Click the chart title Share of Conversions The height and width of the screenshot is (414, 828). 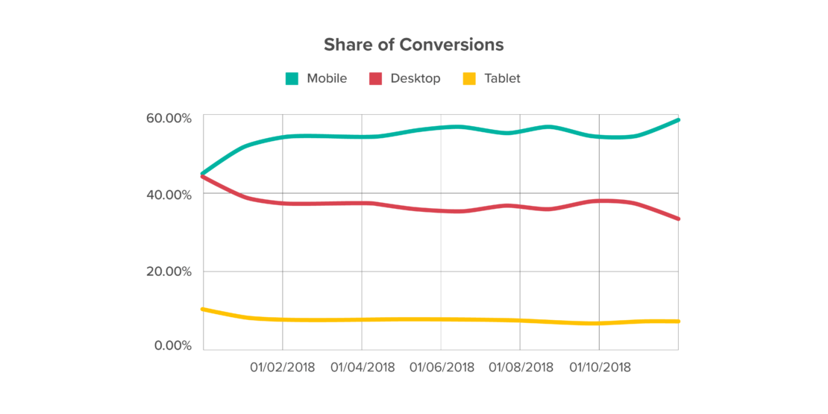coord(413,45)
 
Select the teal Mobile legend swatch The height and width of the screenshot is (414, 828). coord(292,78)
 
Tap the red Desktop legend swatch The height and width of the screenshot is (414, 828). coord(375,78)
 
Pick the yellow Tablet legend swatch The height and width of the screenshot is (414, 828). coord(469,78)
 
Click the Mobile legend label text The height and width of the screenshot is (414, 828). coord(327,78)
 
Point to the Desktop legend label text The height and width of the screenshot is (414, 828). coord(415,78)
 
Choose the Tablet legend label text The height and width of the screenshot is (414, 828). coord(503,78)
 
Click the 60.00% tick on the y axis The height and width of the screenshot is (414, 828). coord(168,118)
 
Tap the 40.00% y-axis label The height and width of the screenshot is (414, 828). coord(168,195)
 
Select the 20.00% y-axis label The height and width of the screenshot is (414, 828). coord(168,272)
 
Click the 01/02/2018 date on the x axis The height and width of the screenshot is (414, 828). coord(283,367)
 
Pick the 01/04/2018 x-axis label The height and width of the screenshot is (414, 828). coord(362,367)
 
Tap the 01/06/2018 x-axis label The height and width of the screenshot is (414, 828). coord(442,367)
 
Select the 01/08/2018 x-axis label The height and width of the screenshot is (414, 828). coord(521,367)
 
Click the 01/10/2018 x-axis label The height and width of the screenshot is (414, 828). coord(600,367)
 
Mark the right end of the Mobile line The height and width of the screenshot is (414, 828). coord(677,119)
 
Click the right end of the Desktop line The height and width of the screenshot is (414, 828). coord(677,219)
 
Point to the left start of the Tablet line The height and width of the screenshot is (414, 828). coord(204,309)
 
